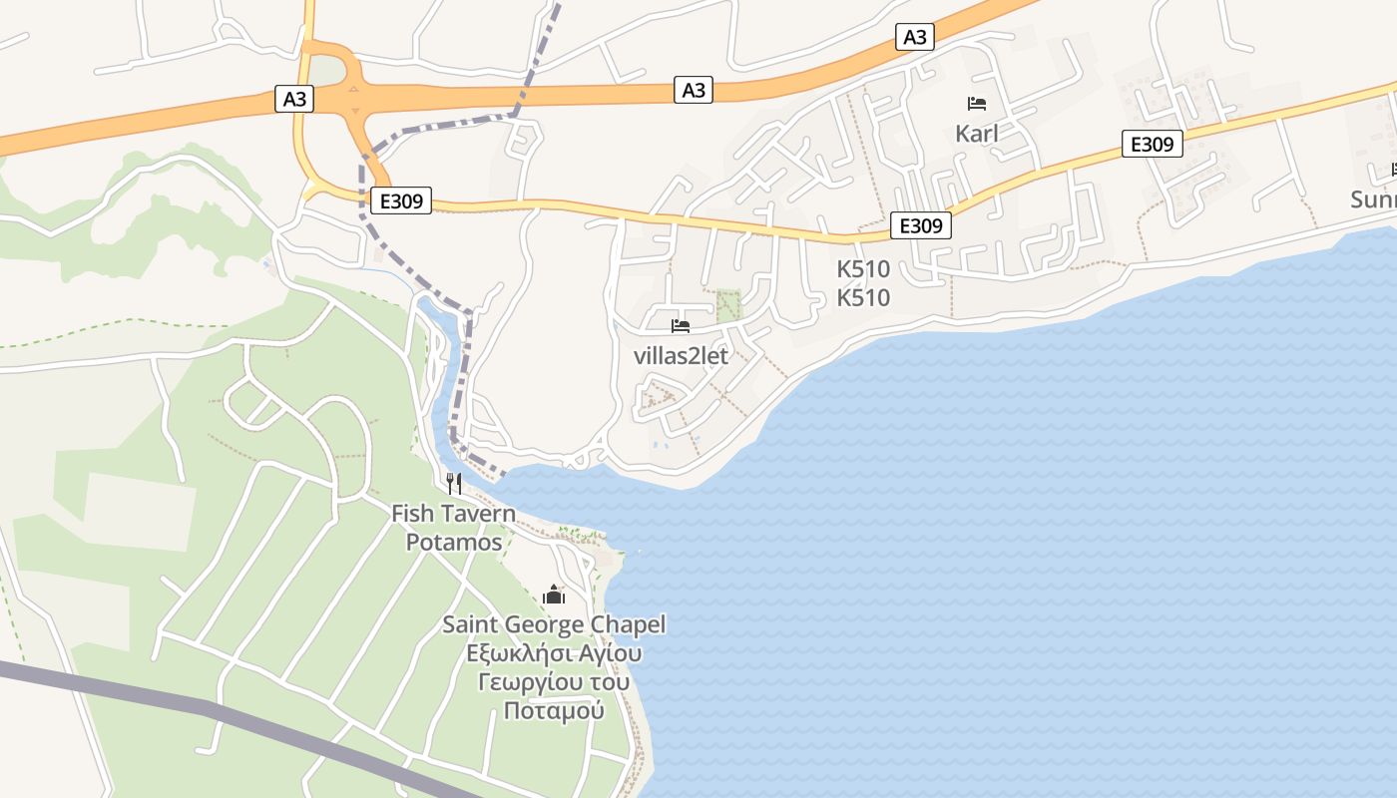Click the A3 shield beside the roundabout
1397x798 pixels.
(294, 99)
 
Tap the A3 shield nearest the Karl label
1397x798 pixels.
(914, 38)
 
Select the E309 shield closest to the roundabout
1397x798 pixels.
(400, 200)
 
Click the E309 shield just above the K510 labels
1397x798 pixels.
(920, 225)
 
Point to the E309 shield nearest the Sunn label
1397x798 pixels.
(1152, 144)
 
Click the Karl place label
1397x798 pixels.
(976, 134)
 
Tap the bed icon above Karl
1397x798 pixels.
(976, 104)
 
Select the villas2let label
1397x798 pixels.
(681, 356)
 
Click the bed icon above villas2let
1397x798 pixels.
(681, 326)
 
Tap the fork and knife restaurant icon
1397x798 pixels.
(454, 484)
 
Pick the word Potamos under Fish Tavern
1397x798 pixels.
(454, 543)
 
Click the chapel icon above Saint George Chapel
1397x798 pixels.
(554, 596)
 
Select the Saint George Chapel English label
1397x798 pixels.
(554, 625)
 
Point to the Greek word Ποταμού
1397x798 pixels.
(554, 711)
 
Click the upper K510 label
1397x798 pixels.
(863, 269)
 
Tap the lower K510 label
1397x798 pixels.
(863, 298)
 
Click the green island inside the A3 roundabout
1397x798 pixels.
(326, 71)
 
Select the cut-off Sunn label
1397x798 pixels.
(1373, 199)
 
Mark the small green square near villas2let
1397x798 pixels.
(729, 304)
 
